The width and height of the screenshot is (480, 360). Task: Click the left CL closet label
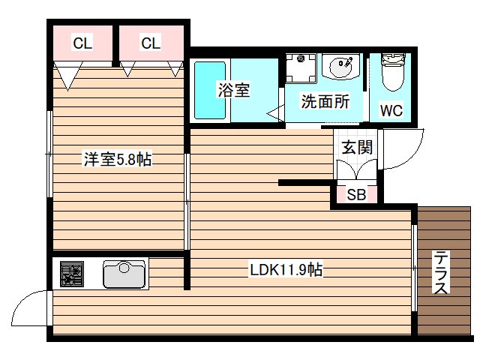pyautogui.click(x=82, y=43)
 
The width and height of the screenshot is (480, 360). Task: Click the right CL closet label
pyautogui.click(x=151, y=43)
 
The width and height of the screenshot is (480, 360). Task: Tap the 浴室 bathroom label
pyautogui.click(x=233, y=91)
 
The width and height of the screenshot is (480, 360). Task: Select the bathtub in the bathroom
pyautogui.click(x=210, y=90)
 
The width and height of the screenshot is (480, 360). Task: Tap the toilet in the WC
pyautogui.click(x=391, y=74)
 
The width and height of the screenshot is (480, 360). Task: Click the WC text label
pyautogui.click(x=391, y=111)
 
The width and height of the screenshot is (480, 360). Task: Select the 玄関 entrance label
pyautogui.click(x=357, y=147)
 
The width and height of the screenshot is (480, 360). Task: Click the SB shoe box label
pyautogui.click(x=356, y=195)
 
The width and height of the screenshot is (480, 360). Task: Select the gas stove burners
pyautogui.click(x=73, y=274)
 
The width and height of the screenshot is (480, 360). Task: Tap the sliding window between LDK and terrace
pyautogui.click(x=413, y=267)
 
